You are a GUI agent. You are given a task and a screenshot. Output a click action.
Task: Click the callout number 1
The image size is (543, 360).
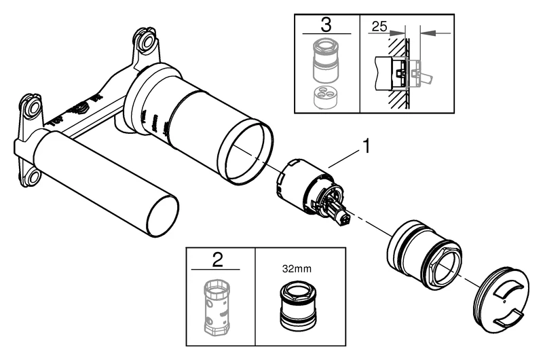pos(367,146)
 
